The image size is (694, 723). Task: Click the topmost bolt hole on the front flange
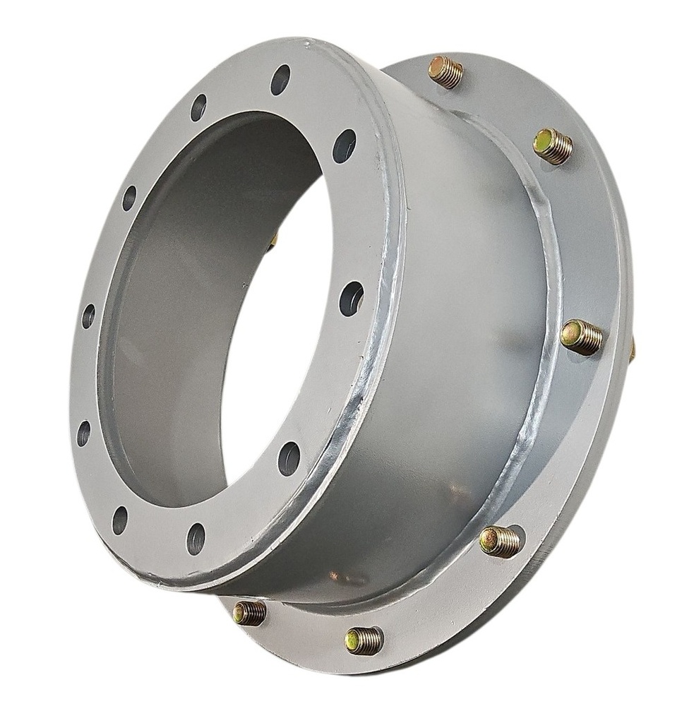[280, 79]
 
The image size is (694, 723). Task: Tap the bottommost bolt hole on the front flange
[196, 539]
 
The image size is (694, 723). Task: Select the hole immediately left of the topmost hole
[198, 107]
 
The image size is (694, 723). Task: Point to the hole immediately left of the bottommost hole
[120, 520]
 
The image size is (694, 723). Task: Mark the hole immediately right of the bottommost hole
[289, 458]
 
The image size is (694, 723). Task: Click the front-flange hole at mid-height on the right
[351, 298]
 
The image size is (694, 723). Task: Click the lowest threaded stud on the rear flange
[364, 640]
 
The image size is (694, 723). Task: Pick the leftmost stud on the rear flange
[250, 612]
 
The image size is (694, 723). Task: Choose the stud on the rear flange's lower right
[500, 542]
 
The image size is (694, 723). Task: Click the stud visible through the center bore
[273, 240]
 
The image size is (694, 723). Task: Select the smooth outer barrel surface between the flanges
[459, 318]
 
